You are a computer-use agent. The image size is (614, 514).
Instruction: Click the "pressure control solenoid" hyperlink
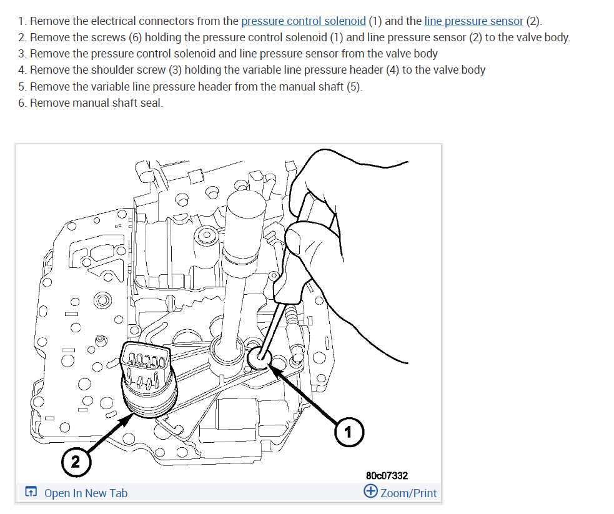point(304,21)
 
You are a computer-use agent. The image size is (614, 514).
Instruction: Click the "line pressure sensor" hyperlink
point(473,21)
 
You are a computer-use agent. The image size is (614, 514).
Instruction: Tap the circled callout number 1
point(349,432)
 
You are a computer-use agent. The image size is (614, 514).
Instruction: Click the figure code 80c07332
point(387,476)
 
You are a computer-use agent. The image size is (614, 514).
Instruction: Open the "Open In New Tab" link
point(86,493)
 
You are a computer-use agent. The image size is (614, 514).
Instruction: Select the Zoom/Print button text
point(409,493)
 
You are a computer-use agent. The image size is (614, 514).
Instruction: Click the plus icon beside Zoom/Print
point(370,492)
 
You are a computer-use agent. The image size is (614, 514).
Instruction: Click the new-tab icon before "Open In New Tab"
point(31,493)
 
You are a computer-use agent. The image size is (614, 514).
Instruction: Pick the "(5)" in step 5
point(354,86)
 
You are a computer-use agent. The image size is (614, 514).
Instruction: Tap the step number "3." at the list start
point(22,54)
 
